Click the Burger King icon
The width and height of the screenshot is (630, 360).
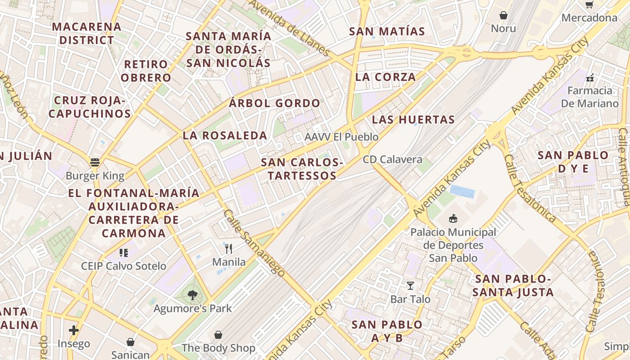click(94, 162)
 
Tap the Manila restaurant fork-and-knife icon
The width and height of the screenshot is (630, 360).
click(229, 248)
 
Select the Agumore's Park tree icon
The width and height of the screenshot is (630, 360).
click(192, 295)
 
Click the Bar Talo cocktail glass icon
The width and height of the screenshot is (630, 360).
click(410, 285)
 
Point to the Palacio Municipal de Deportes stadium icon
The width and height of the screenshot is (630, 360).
click(453, 219)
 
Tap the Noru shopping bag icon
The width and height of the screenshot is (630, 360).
click(504, 15)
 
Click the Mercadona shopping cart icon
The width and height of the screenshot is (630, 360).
click(589, 4)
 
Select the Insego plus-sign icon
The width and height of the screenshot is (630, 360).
click(74, 330)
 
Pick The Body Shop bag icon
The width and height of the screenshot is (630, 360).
click(218, 335)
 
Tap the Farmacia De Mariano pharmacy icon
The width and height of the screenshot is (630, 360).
click(590, 78)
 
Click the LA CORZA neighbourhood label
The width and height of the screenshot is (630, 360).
click(386, 77)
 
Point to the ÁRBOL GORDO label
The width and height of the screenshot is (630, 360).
click(274, 103)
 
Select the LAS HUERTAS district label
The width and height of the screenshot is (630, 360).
click(414, 120)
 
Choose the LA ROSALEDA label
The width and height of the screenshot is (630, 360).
click(225, 135)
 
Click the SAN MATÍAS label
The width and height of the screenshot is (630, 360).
click(387, 31)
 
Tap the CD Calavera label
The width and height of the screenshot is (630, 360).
click(392, 159)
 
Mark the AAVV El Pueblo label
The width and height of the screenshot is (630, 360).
click(342, 137)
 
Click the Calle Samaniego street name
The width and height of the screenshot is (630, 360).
click(254, 243)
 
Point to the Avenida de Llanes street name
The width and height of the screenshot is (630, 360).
click(290, 27)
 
